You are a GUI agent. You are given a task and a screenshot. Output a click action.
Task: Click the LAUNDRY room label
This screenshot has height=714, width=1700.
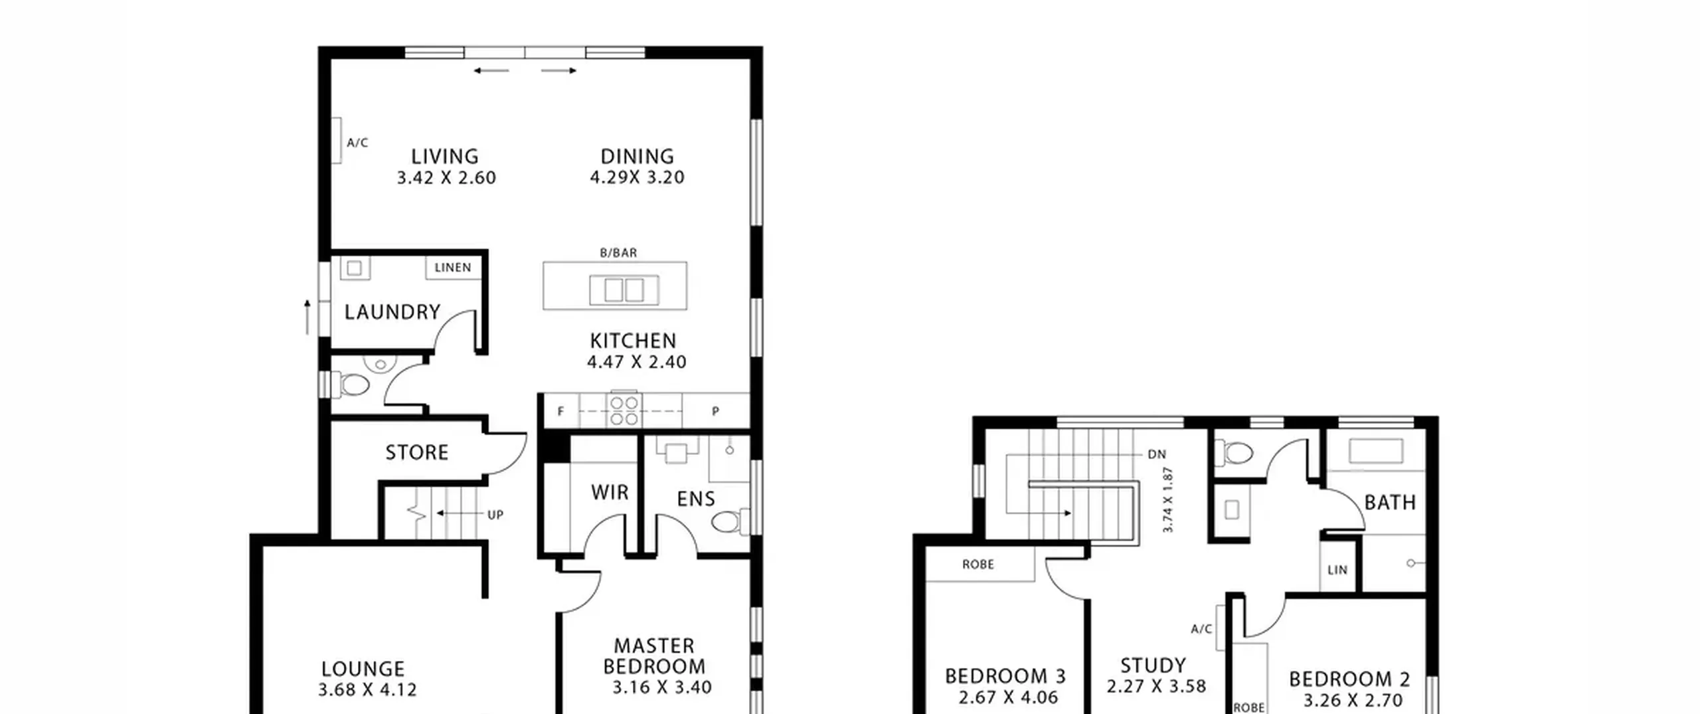[x=392, y=312]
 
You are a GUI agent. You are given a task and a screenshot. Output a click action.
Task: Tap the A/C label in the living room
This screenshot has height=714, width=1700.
[x=357, y=143]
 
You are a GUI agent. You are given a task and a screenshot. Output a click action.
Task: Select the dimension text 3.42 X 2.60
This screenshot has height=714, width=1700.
[x=446, y=178]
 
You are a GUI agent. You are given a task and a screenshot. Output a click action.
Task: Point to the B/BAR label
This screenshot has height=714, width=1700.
[x=618, y=253]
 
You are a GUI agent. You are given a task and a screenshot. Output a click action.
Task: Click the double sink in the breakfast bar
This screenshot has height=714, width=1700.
[x=624, y=290]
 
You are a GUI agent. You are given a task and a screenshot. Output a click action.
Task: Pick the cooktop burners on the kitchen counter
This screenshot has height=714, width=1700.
[x=624, y=410]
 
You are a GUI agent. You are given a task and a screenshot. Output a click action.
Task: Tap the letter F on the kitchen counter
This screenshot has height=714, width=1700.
[x=561, y=412]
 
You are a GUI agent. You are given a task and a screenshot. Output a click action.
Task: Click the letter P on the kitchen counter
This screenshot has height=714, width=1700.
[x=715, y=412]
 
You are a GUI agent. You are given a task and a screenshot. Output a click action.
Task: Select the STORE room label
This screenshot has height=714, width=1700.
[x=417, y=453]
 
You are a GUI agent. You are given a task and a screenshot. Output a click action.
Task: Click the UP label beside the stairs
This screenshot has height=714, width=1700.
[x=495, y=515]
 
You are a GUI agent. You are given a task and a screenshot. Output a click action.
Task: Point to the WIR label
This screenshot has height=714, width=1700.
[x=610, y=492]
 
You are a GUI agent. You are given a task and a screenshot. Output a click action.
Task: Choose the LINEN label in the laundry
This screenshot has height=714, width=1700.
[x=453, y=268]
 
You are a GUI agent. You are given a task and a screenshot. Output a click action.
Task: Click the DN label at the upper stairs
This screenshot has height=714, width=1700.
[x=1157, y=454]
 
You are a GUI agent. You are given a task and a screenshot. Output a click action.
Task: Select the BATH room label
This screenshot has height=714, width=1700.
[x=1390, y=503]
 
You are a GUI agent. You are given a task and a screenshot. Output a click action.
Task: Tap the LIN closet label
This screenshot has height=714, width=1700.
[x=1337, y=570]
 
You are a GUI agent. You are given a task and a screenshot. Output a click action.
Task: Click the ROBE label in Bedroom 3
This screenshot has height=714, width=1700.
[x=978, y=565]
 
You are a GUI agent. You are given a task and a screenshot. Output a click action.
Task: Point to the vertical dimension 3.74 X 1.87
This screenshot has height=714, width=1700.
[x=1168, y=500]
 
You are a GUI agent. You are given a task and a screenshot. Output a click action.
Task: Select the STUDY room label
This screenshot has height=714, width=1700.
[x=1153, y=666]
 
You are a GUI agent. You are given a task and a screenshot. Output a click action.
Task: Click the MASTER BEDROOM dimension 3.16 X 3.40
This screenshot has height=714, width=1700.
[x=662, y=687]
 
